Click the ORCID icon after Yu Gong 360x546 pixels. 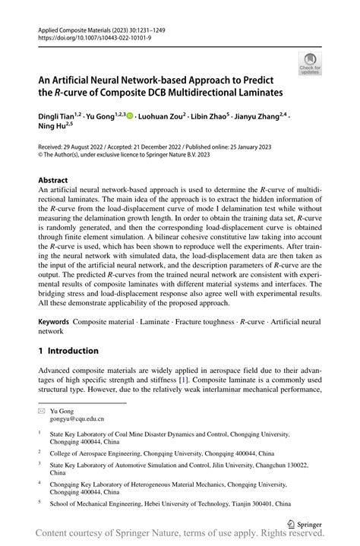pos(129,115)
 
